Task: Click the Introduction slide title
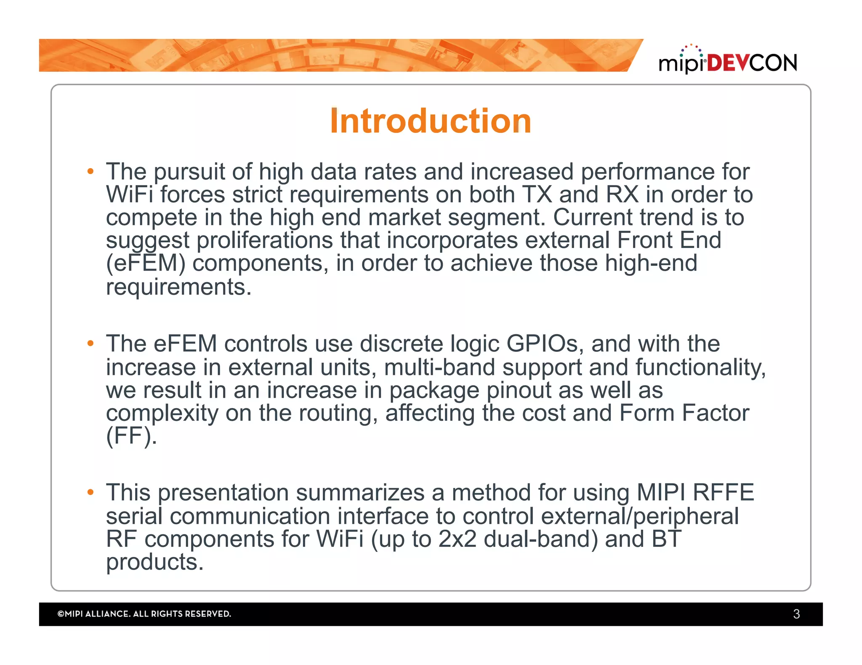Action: click(430, 121)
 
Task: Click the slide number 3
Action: click(796, 614)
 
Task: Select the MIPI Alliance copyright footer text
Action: click(144, 614)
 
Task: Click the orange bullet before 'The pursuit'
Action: click(90, 172)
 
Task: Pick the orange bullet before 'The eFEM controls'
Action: click(90, 343)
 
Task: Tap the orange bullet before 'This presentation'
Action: click(90, 492)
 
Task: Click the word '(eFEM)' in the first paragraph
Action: click(146, 264)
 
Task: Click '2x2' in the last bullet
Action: click(457, 539)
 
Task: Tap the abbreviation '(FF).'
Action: click(131, 436)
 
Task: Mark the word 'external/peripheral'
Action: click(639, 516)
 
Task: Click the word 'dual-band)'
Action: click(540, 539)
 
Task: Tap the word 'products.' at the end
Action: click(154, 562)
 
